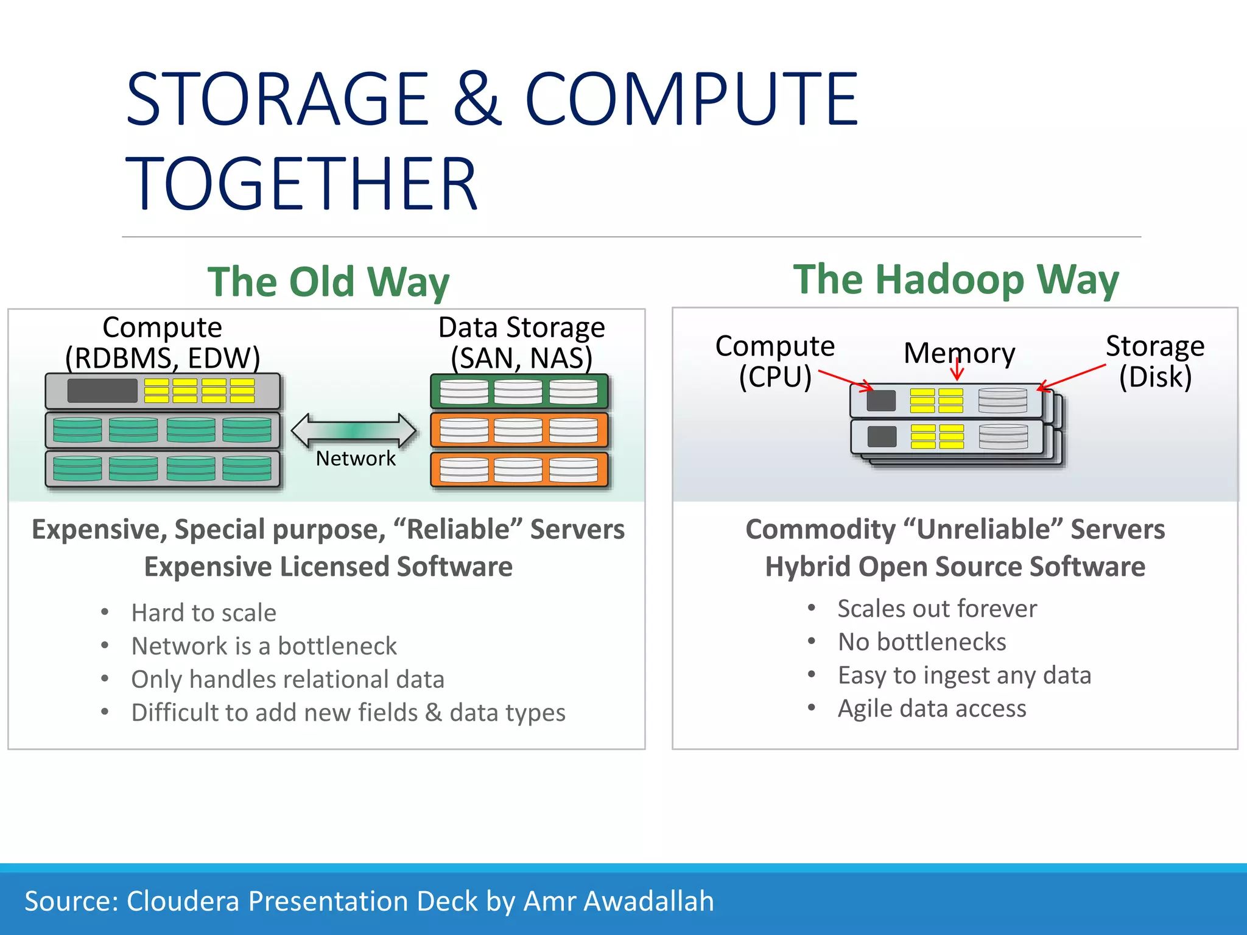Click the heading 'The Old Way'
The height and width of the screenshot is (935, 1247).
point(328,282)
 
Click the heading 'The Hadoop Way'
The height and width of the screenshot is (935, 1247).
point(956,280)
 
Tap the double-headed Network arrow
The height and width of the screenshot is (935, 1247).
point(354,430)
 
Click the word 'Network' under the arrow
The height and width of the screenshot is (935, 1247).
point(356,458)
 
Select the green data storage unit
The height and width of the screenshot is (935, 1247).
point(519,391)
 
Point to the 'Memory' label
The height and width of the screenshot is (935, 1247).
point(959,353)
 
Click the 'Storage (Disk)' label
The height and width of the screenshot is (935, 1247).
point(1154,361)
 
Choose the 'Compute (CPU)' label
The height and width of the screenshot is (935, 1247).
point(775,361)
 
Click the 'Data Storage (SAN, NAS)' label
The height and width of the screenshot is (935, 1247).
point(521,342)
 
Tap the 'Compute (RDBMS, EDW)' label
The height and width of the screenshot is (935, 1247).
point(163,342)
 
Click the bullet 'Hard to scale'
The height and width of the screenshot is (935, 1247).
point(204,612)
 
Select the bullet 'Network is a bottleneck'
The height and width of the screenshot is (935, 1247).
point(264,646)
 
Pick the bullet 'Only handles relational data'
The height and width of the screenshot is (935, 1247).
point(288,679)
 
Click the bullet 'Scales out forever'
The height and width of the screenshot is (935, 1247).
point(937,609)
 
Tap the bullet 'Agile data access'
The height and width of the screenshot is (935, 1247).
point(932,709)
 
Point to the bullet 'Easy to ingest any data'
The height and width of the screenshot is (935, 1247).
point(964,675)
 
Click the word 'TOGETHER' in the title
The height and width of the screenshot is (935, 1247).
point(301,183)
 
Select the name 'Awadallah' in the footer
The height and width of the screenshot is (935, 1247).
point(649,901)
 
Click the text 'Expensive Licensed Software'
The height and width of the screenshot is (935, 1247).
point(328,567)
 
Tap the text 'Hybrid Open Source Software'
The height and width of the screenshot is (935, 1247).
point(955,567)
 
